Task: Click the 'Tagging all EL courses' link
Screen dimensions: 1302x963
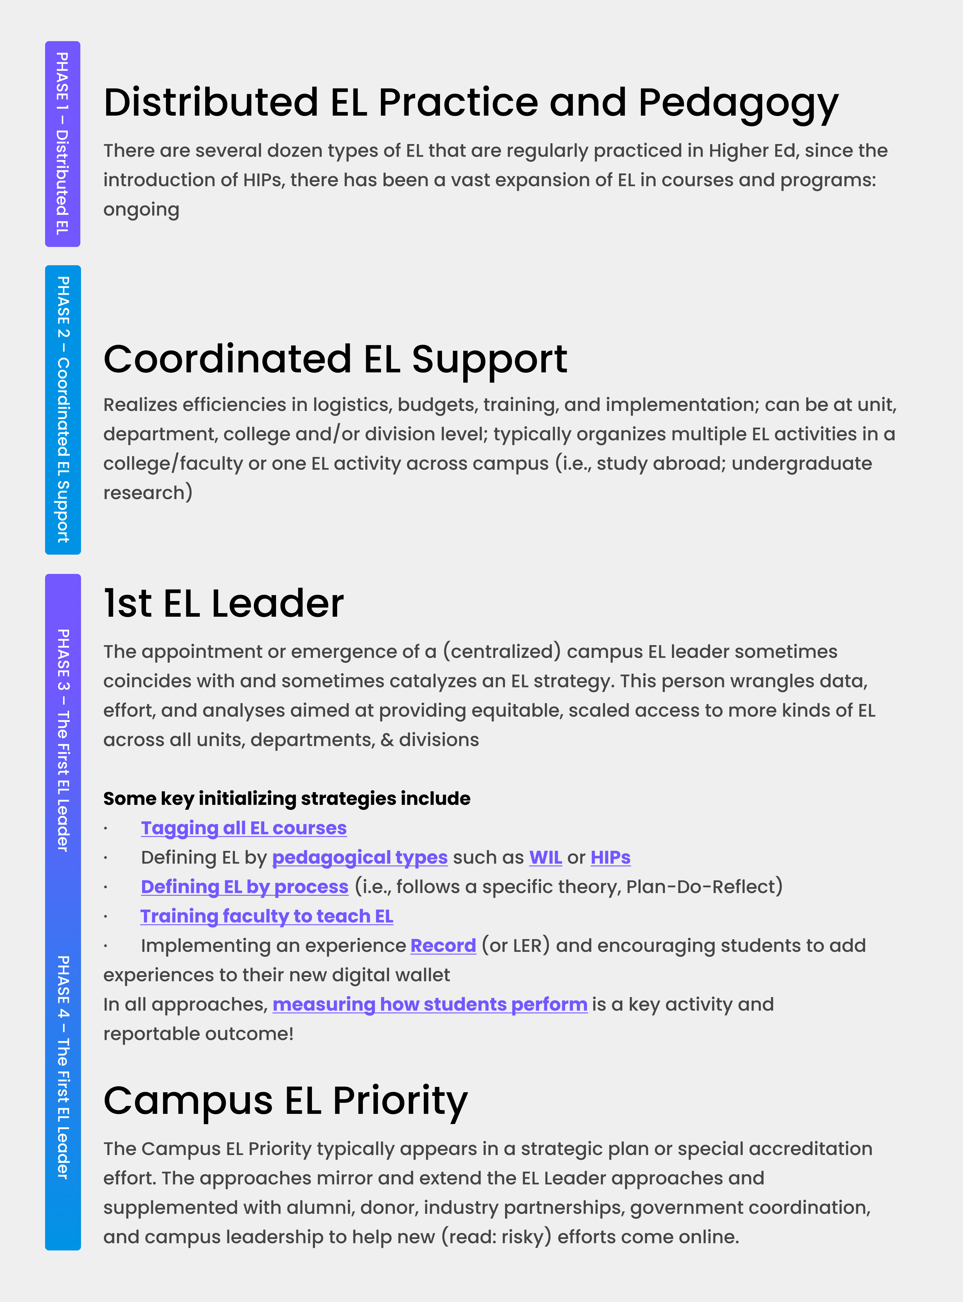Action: pyautogui.click(x=244, y=828)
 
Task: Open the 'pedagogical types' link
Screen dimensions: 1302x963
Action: pyautogui.click(x=360, y=857)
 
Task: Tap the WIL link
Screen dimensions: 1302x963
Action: pyautogui.click(x=545, y=857)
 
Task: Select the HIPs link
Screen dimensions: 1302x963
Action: pyautogui.click(x=610, y=857)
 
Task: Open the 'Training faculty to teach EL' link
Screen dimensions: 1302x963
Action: pyautogui.click(x=267, y=916)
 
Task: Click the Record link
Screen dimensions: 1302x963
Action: pyautogui.click(x=443, y=945)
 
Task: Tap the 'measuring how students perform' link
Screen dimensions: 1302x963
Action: pyautogui.click(x=430, y=1004)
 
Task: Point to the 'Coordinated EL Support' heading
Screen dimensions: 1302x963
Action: pyautogui.click(x=335, y=359)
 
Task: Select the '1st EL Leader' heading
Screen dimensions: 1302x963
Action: pyautogui.click(x=223, y=603)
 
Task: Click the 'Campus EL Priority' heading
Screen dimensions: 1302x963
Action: pyautogui.click(x=286, y=1100)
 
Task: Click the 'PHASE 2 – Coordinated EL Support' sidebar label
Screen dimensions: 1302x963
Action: pyautogui.click(x=62, y=409)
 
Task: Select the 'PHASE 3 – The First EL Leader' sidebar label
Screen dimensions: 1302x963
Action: pyautogui.click(x=62, y=740)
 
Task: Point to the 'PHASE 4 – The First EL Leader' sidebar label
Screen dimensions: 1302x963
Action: pyautogui.click(x=62, y=1066)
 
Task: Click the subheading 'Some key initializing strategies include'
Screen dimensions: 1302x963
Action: pyautogui.click(x=286, y=798)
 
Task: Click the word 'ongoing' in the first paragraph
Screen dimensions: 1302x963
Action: pyautogui.click(x=141, y=210)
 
